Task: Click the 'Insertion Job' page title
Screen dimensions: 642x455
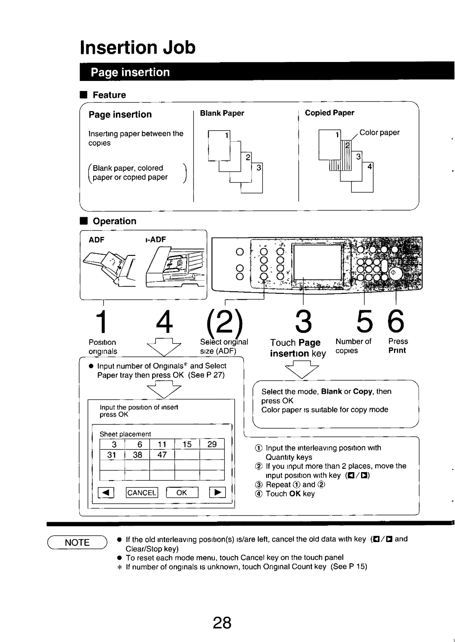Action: pos(138,47)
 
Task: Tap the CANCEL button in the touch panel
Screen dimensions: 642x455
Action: pos(142,492)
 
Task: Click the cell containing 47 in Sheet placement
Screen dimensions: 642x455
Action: pos(162,455)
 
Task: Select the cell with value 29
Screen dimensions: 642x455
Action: pos(212,444)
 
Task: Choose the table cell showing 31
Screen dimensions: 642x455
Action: pos(112,455)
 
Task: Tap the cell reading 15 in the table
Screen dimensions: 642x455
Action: pos(187,444)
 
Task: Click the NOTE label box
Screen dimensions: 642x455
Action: pos(77,543)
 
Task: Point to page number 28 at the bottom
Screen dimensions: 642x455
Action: pos(222,623)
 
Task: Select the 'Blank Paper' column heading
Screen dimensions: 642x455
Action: pos(222,113)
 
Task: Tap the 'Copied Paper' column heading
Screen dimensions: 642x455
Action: pos(329,113)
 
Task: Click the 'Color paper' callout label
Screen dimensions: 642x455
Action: pos(379,132)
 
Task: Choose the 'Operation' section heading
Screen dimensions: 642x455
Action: pos(114,221)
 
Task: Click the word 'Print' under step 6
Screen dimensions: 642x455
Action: pos(397,351)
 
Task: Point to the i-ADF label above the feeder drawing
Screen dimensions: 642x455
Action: pos(155,239)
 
